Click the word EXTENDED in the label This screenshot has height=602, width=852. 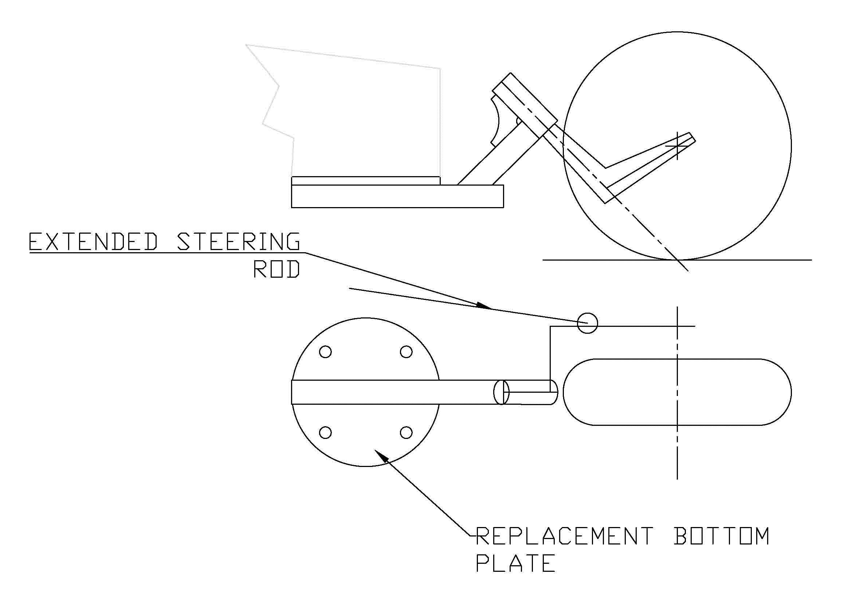click(94, 242)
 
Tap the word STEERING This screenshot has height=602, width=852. click(238, 242)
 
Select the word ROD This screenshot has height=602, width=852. click(276, 269)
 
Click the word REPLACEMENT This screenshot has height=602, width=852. click(564, 536)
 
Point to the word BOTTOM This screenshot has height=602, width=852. click(721, 536)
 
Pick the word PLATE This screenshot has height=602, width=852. click(515, 564)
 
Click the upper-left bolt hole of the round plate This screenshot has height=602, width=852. click(325, 352)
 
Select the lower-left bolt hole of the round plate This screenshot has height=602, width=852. click(325, 432)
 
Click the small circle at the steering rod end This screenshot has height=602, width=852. click(588, 323)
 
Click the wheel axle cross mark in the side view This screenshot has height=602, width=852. click(677, 146)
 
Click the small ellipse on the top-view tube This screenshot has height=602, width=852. click(501, 392)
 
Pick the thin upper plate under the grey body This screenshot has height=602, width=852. click(365, 181)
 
